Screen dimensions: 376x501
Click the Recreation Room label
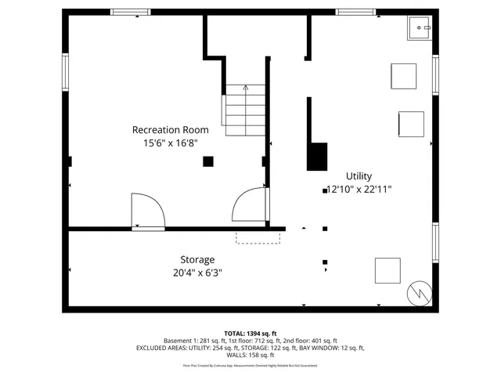pyautogui.click(x=170, y=129)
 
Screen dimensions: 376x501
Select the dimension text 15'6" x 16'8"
pyautogui.click(x=170, y=143)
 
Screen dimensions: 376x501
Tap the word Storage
pyautogui.click(x=197, y=259)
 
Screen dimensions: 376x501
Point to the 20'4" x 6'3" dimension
pyautogui.click(x=197, y=273)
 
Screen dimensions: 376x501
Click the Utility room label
pyautogui.click(x=359, y=176)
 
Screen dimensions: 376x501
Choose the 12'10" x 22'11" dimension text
pyautogui.click(x=359, y=189)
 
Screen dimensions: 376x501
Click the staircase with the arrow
pyautogui.click(x=246, y=110)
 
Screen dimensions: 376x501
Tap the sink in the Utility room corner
pyautogui.click(x=420, y=29)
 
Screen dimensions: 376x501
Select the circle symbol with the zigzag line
pyautogui.click(x=419, y=293)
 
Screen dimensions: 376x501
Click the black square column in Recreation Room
pyautogui.click(x=207, y=161)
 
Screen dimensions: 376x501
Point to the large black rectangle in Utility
pyautogui.click(x=317, y=156)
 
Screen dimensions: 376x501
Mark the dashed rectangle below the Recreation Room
pyautogui.click(x=258, y=237)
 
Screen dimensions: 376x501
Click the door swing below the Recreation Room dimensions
pyautogui.click(x=146, y=210)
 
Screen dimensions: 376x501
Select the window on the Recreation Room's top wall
pyautogui.click(x=130, y=12)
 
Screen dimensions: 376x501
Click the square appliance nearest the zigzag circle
pyautogui.click(x=387, y=270)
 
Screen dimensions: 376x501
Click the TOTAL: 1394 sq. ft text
pyautogui.click(x=250, y=333)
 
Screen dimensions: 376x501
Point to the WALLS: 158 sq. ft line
pyautogui.click(x=250, y=355)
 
